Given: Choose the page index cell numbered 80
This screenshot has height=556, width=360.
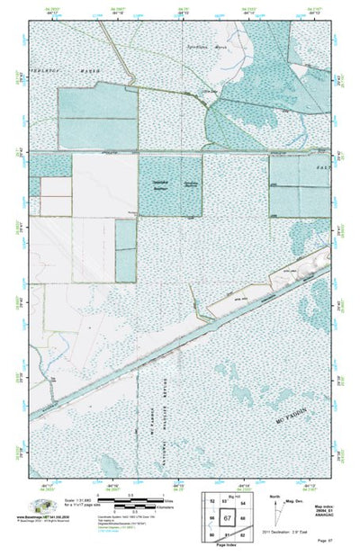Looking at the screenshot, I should tap(212, 537).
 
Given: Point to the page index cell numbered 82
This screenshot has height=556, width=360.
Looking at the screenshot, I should tap(243, 537).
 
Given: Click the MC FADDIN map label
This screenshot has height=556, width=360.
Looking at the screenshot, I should tap(293, 417).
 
